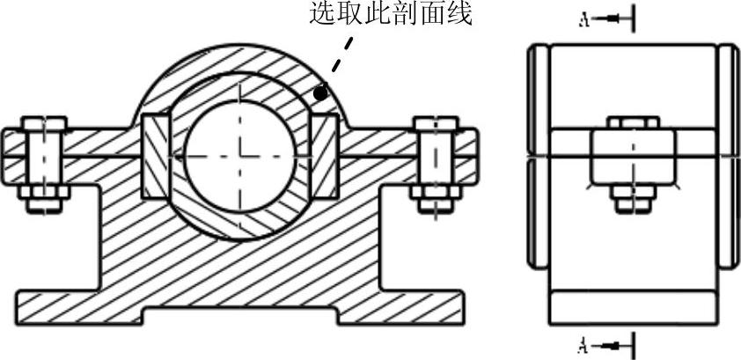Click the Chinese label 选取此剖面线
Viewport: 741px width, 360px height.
click(391, 15)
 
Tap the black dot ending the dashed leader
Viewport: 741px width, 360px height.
click(321, 92)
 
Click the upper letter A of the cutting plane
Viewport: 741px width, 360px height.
click(583, 18)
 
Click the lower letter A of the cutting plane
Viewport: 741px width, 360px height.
click(583, 343)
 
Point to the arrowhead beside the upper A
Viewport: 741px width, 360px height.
click(612, 18)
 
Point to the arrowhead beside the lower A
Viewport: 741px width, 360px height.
click(612, 343)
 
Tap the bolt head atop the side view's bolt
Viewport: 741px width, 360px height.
click(632, 122)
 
